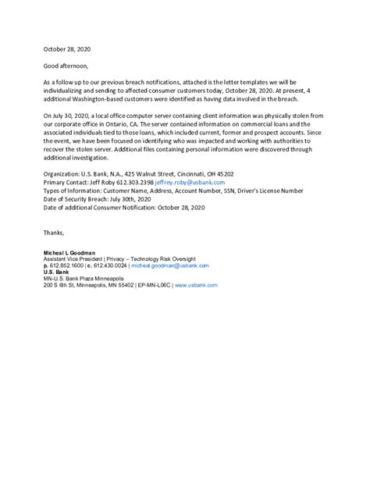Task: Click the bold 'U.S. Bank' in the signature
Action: [56, 273]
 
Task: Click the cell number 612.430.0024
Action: [109, 266]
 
